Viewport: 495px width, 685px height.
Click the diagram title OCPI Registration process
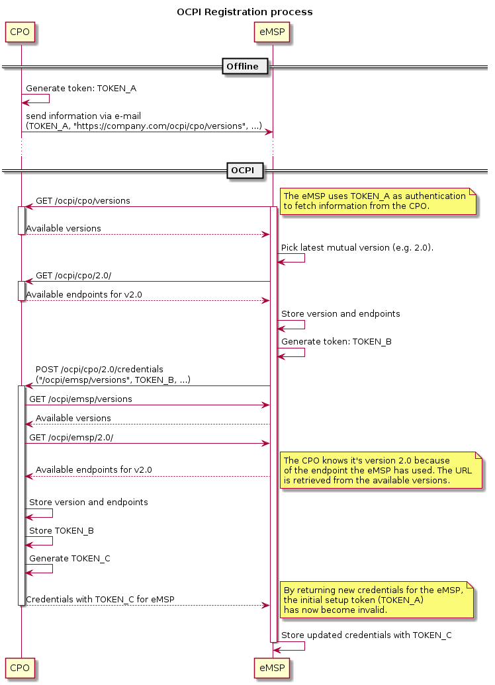(x=245, y=12)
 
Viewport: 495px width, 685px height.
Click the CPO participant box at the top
(x=20, y=31)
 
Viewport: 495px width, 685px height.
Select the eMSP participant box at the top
(x=272, y=31)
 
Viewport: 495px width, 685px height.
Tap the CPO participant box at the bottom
(x=20, y=668)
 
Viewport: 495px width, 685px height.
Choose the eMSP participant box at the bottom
(x=272, y=668)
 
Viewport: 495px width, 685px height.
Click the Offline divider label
(x=242, y=66)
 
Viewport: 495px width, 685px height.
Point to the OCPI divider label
(x=245, y=171)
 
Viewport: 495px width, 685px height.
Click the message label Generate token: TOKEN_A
(x=81, y=88)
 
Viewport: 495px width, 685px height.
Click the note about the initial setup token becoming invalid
(x=377, y=600)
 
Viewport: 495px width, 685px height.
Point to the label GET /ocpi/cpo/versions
(x=83, y=200)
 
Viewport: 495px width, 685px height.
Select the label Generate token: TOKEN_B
(x=336, y=342)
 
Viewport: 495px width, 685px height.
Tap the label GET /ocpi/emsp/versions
(x=80, y=399)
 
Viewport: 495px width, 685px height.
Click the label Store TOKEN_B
(x=56, y=530)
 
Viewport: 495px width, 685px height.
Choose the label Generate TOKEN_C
(x=69, y=558)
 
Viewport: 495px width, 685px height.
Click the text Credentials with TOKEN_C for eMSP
(x=100, y=599)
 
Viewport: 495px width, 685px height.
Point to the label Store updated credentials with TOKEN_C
(x=367, y=635)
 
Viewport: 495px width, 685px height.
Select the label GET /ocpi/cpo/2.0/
(x=78, y=275)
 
